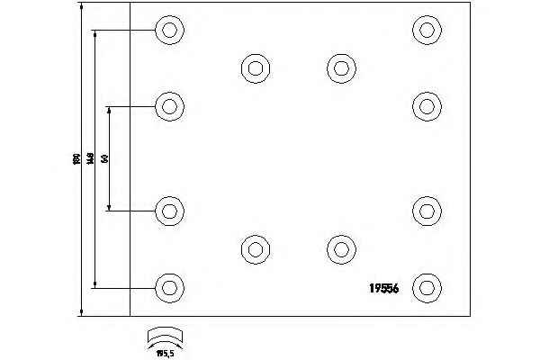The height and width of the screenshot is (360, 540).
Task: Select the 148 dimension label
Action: pyautogui.click(x=91, y=159)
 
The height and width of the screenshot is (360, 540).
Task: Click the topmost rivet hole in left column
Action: pyautogui.click(x=168, y=30)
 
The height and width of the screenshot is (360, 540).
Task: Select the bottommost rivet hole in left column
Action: pyautogui.click(x=168, y=288)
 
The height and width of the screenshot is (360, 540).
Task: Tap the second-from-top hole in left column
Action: pyautogui.click(x=168, y=107)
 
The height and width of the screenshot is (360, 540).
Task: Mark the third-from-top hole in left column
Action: pyautogui.click(x=168, y=211)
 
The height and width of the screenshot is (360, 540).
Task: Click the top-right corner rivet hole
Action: pyautogui.click(x=426, y=30)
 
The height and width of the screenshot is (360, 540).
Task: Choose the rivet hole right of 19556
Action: pyautogui.click(x=426, y=288)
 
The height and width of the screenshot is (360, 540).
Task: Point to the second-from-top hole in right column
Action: pyautogui.click(x=426, y=105)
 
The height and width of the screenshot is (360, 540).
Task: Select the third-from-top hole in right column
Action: pyautogui.click(x=426, y=211)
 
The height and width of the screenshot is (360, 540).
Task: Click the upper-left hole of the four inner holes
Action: pyautogui.click(x=255, y=67)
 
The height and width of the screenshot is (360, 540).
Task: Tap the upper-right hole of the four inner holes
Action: pyautogui.click(x=339, y=67)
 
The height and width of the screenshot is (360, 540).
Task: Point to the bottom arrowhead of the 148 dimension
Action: pyautogui.click(x=95, y=283)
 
